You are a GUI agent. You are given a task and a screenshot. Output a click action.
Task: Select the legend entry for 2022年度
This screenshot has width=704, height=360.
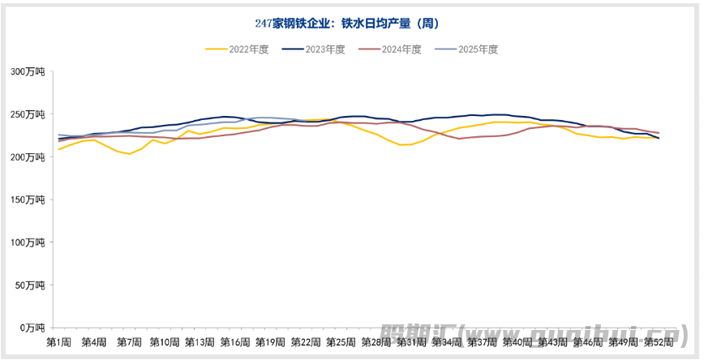tap(238, 49)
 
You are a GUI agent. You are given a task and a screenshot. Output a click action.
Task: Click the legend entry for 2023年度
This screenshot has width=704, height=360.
tap(314, 49)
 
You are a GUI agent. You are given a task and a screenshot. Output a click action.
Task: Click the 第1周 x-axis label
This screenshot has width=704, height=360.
tap(58, 342)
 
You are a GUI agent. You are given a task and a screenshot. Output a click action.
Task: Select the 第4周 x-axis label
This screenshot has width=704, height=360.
tap(94, 342)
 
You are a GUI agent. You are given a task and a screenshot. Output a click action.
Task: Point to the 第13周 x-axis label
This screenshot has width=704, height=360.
tap(199, 342)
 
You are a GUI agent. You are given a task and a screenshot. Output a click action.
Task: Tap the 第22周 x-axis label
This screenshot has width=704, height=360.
tap(305, 342)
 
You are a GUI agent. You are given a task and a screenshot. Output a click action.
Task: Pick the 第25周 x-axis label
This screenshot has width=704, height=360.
tap(340, 342)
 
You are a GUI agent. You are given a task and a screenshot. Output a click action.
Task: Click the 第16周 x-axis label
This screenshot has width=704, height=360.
tap(234, 342)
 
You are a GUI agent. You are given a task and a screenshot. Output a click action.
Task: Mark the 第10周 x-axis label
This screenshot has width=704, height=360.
tap(164, 342)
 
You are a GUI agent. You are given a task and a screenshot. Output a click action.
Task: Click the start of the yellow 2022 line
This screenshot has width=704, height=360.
tap(59, 149)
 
